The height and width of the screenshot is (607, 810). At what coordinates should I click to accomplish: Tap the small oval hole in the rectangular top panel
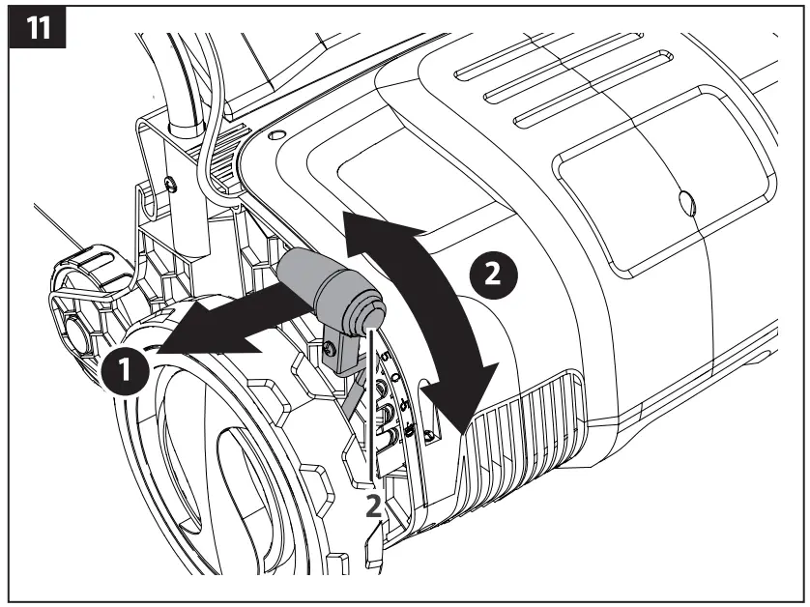(x=687, y=201)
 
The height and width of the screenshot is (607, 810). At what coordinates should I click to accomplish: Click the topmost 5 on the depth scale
(x=385, y=359)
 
